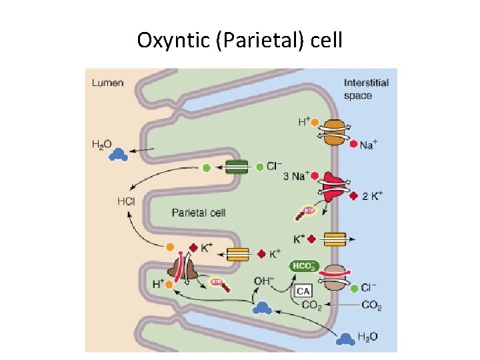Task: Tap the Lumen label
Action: (x=107, y=83)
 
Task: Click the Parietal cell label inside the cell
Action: (x=199, y=213)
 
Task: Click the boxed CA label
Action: (x=304, y=291)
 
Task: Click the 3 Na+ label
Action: (x=295, y=176)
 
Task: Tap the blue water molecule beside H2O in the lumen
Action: (x=119, y=155)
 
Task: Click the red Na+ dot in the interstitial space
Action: (x=352, y=143)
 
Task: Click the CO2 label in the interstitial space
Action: (x=371, y=306)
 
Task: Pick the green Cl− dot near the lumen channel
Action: (x=207, y=168)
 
